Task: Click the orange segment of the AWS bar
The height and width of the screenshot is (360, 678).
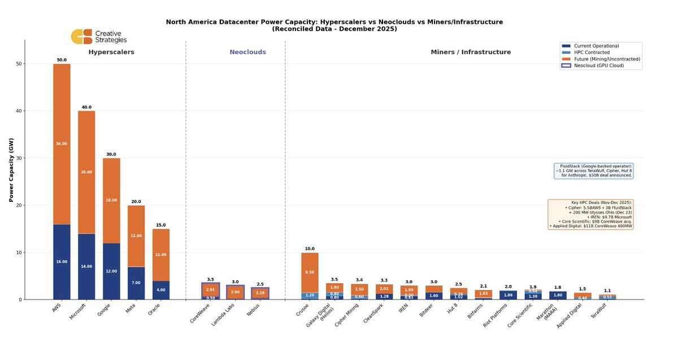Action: coord(62,144)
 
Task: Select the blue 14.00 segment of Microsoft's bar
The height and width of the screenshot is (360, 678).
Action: coord(86,266)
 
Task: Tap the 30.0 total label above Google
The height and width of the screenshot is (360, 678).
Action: coord(111,154)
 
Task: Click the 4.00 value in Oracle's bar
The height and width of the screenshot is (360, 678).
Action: coord(161,290)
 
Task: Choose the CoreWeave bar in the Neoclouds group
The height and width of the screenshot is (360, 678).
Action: coord(210,290)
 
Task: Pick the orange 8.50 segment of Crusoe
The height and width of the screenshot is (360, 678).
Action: coord(310,272)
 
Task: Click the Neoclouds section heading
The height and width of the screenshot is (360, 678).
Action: coord(247,52)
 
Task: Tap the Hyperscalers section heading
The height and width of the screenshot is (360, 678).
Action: coord(111,52)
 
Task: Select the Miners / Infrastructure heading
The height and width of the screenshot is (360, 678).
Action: coord(471,52)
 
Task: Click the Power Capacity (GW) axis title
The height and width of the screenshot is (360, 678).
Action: coord(11,170)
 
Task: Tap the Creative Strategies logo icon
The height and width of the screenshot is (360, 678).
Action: coord(81,37)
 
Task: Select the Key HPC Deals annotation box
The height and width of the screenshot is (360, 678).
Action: coord(590,214)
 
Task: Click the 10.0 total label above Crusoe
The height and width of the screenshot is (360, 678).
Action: coord(310,249)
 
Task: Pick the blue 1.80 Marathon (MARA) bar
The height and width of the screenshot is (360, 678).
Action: coord(558,295)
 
